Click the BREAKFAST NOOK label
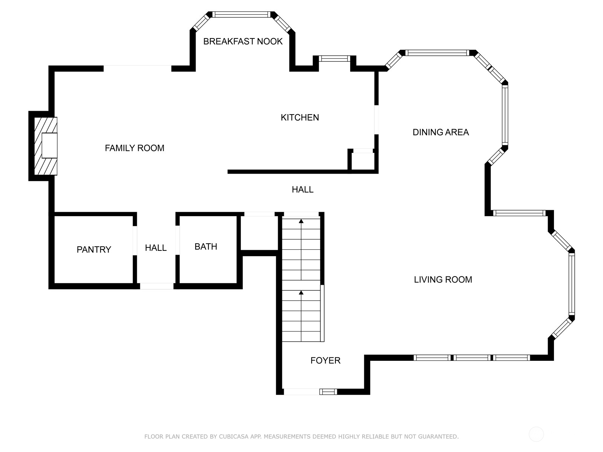click(243, 41)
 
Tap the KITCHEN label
click(300, 118)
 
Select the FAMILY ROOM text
click(135, 148)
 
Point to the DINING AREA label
click(441, 132)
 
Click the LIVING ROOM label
click(443, 279)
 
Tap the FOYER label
click(326, 360)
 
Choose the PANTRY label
click(94, 249)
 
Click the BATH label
click(206, 247)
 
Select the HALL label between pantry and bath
click(156, 248)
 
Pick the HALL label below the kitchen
click(303, 189)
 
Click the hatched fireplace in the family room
click(46, 146)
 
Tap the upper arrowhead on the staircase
click(301, 221)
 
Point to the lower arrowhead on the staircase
click(301, 293)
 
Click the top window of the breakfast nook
click(242, 15)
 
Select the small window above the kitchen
click(334, 58)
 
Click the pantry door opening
click(135, 240)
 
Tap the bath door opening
click(178, 240)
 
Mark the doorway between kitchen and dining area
click(376, 120)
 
